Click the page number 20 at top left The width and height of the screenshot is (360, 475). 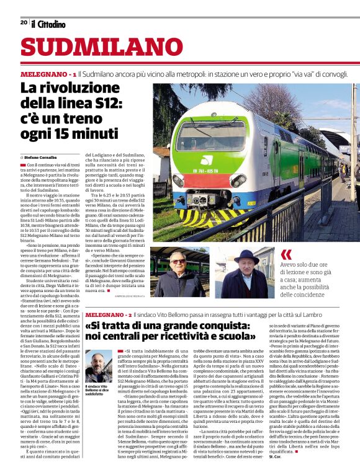pos(24,22)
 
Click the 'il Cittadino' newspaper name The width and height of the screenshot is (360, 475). pos(48,24)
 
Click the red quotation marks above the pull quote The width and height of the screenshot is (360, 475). pos(286,254)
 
